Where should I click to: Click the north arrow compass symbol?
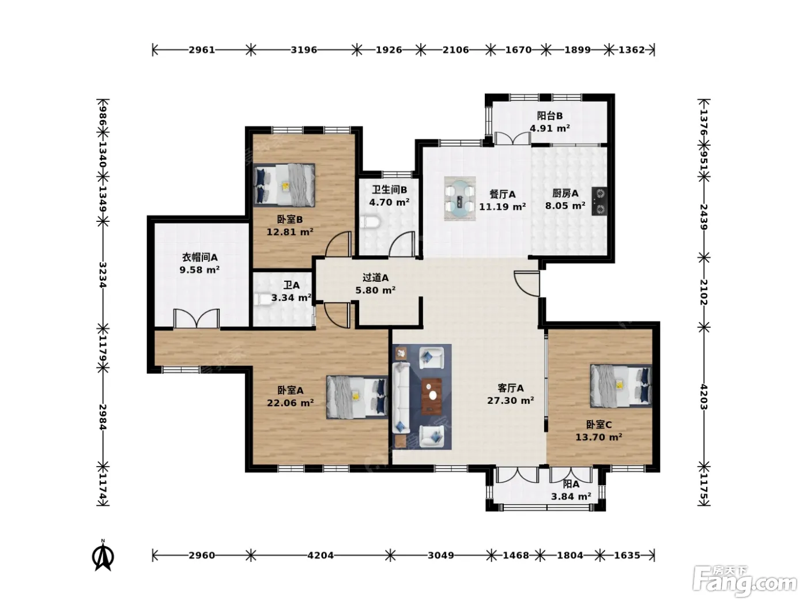pos(103,555)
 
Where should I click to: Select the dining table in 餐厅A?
pos(459,199)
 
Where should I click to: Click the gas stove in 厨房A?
pos(599,201)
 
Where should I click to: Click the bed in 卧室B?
pos(284,185)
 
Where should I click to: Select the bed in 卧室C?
pos(621,386)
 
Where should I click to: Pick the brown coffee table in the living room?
pos(432,396)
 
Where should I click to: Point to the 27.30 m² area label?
pos(511,401)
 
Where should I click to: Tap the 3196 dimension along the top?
pos(304,50)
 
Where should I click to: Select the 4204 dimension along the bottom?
pos(320,555)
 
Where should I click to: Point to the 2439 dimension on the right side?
pos(704,217)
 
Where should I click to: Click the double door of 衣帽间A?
pos(197,318)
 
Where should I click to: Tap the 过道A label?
pos(375,278)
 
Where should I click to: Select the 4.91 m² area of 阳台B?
pos(550,128)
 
